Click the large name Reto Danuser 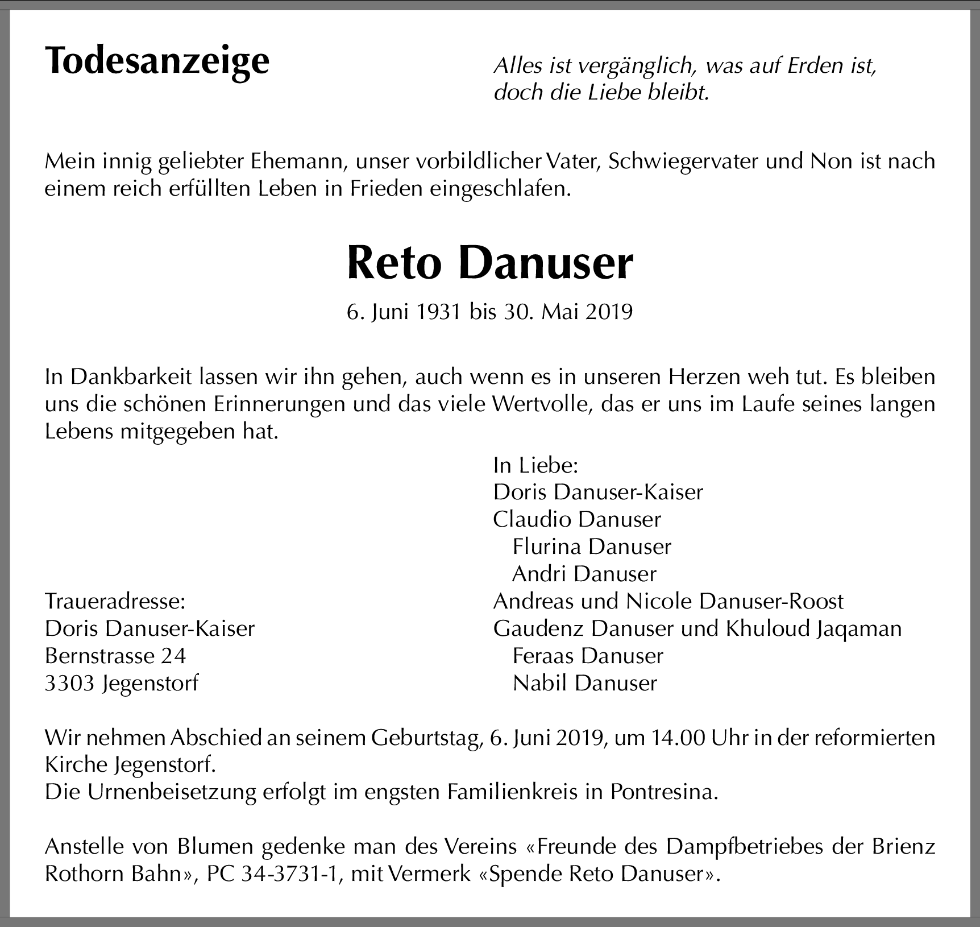pos(489,263)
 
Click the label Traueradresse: pos(115,601)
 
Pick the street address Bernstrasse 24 pos(115,656)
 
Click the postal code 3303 pos(69,683)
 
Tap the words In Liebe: pos(535,465)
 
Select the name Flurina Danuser pos(591,547)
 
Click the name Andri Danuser pos(584,574)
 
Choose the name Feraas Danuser pos(587,656)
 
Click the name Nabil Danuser pos(584,683)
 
